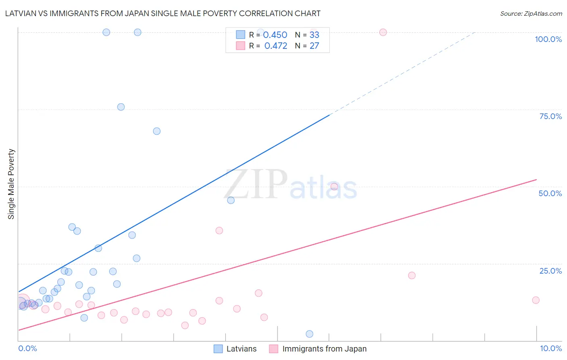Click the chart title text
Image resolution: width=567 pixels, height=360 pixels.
tap(163, 13)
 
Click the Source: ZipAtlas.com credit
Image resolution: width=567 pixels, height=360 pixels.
tap(531, 14)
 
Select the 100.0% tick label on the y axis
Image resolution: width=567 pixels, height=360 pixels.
tap(548, 39)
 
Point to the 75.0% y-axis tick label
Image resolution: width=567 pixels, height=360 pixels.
tap(550, 116)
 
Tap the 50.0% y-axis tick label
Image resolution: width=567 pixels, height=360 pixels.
tap(550, 193)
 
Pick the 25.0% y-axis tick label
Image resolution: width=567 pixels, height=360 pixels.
tap(550, 271)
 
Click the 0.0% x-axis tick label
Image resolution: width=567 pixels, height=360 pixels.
tap(27, 348)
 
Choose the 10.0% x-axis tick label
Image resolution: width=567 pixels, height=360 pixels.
tap(550, 348)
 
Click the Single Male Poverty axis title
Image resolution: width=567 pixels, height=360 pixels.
tap(11, 184)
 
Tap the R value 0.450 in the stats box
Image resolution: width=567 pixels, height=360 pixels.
tap(275, 35)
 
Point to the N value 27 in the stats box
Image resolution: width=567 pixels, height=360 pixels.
tap(314, 46)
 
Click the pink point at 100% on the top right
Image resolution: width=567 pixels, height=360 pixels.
tap(383, 32)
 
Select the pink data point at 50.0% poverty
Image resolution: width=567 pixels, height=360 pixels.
tap(334, 186)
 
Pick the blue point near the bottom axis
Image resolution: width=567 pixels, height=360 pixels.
tap(309, 334)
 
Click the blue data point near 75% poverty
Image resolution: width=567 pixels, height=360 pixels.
tap(121, 107)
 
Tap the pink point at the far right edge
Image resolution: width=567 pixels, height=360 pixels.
tap(536, 300)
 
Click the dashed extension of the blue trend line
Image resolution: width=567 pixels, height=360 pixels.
tap(403, 73)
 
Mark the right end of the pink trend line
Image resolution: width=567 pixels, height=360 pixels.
tap(536, 179)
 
